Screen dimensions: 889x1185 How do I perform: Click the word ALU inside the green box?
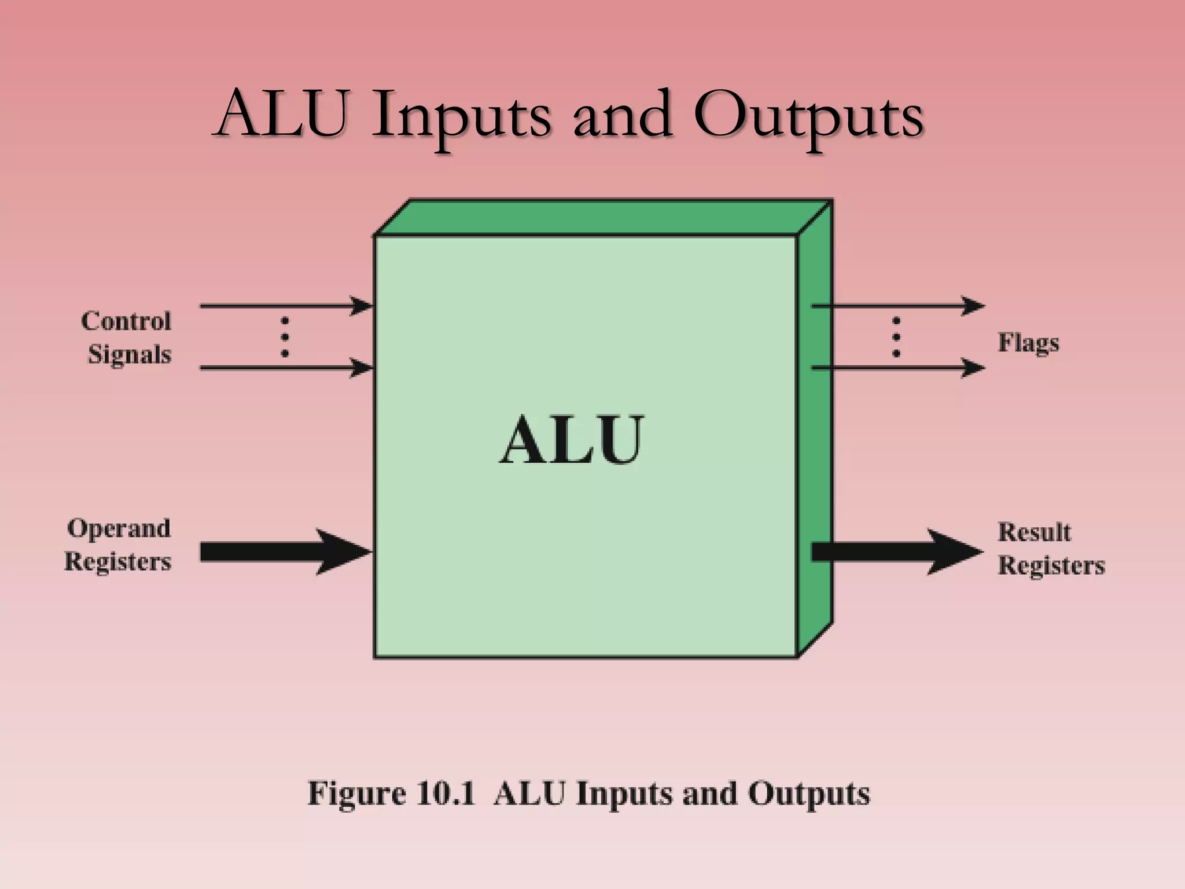pos(571,440)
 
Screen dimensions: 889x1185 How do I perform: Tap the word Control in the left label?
pos(126,321)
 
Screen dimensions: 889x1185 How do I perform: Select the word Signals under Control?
pos(130,354)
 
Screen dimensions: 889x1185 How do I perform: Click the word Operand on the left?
pos(119,528)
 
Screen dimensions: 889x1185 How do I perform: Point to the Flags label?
pos(1028,343)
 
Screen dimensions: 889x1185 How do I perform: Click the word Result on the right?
pos(1034,532)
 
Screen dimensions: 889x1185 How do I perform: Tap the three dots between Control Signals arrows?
pos(285,336)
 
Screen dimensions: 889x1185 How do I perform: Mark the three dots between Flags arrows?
pos(896,336)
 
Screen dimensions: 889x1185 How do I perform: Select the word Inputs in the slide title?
pos(461,116)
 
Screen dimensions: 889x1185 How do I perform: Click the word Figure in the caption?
pos(356,793)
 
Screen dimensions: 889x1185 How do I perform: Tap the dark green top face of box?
pos(602,218)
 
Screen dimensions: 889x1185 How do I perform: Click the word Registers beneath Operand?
pos(118,561)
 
